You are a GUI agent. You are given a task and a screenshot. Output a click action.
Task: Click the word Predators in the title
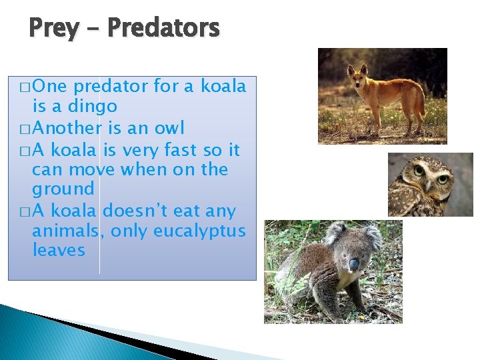click(163, 29)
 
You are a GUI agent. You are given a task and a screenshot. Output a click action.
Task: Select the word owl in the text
click(169, 127)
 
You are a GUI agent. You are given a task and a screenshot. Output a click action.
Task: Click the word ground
click(63, 190)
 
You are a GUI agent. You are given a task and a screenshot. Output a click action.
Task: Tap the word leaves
click(59, 251)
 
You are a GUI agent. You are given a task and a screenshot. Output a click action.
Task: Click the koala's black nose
click(354, 265)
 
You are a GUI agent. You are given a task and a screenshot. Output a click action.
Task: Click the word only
click(129, 231)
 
